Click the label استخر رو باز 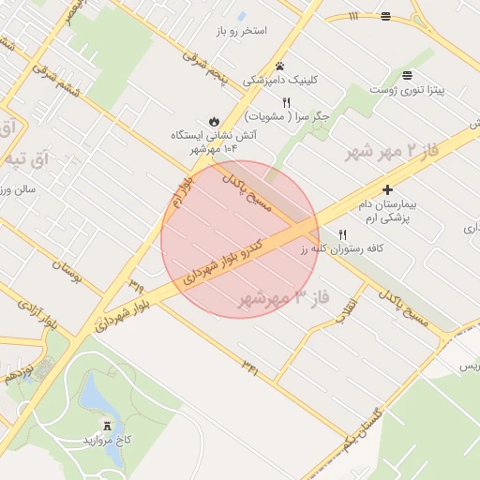(241, 31)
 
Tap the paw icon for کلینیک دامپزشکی (279, 66)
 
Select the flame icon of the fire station (214, 121)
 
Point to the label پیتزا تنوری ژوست (406, 89)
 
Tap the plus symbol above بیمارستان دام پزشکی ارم (387, 189)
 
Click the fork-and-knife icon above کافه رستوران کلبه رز (342, 235)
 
